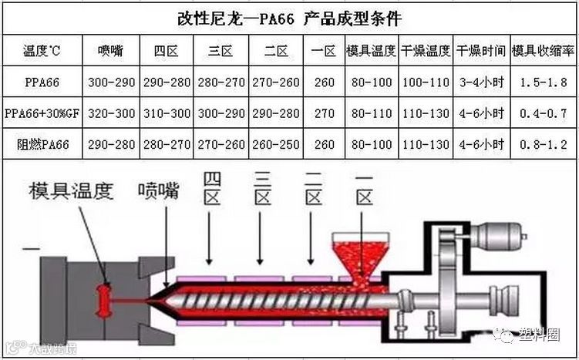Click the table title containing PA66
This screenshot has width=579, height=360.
tap(289, 16)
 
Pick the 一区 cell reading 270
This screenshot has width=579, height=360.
tap(324, 113)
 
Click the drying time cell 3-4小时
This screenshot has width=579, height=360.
tap(480, 80)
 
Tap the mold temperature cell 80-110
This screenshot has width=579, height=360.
tap(371, 113)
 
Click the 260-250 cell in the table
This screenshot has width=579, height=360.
tap(275, 144)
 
